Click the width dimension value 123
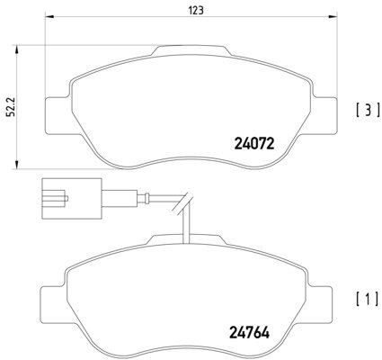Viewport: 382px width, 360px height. tap(196, 10)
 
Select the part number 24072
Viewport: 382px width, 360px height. tap(254, 144)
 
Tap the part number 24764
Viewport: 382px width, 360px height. tap(250, 332)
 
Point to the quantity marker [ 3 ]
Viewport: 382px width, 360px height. tap(368, 110)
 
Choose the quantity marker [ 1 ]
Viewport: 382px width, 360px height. tap(368, 299)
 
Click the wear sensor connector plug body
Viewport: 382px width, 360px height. tap(72, 198)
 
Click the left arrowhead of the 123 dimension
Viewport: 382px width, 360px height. tap(49, 16)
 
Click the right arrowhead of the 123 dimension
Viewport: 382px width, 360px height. tap(333, 16)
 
